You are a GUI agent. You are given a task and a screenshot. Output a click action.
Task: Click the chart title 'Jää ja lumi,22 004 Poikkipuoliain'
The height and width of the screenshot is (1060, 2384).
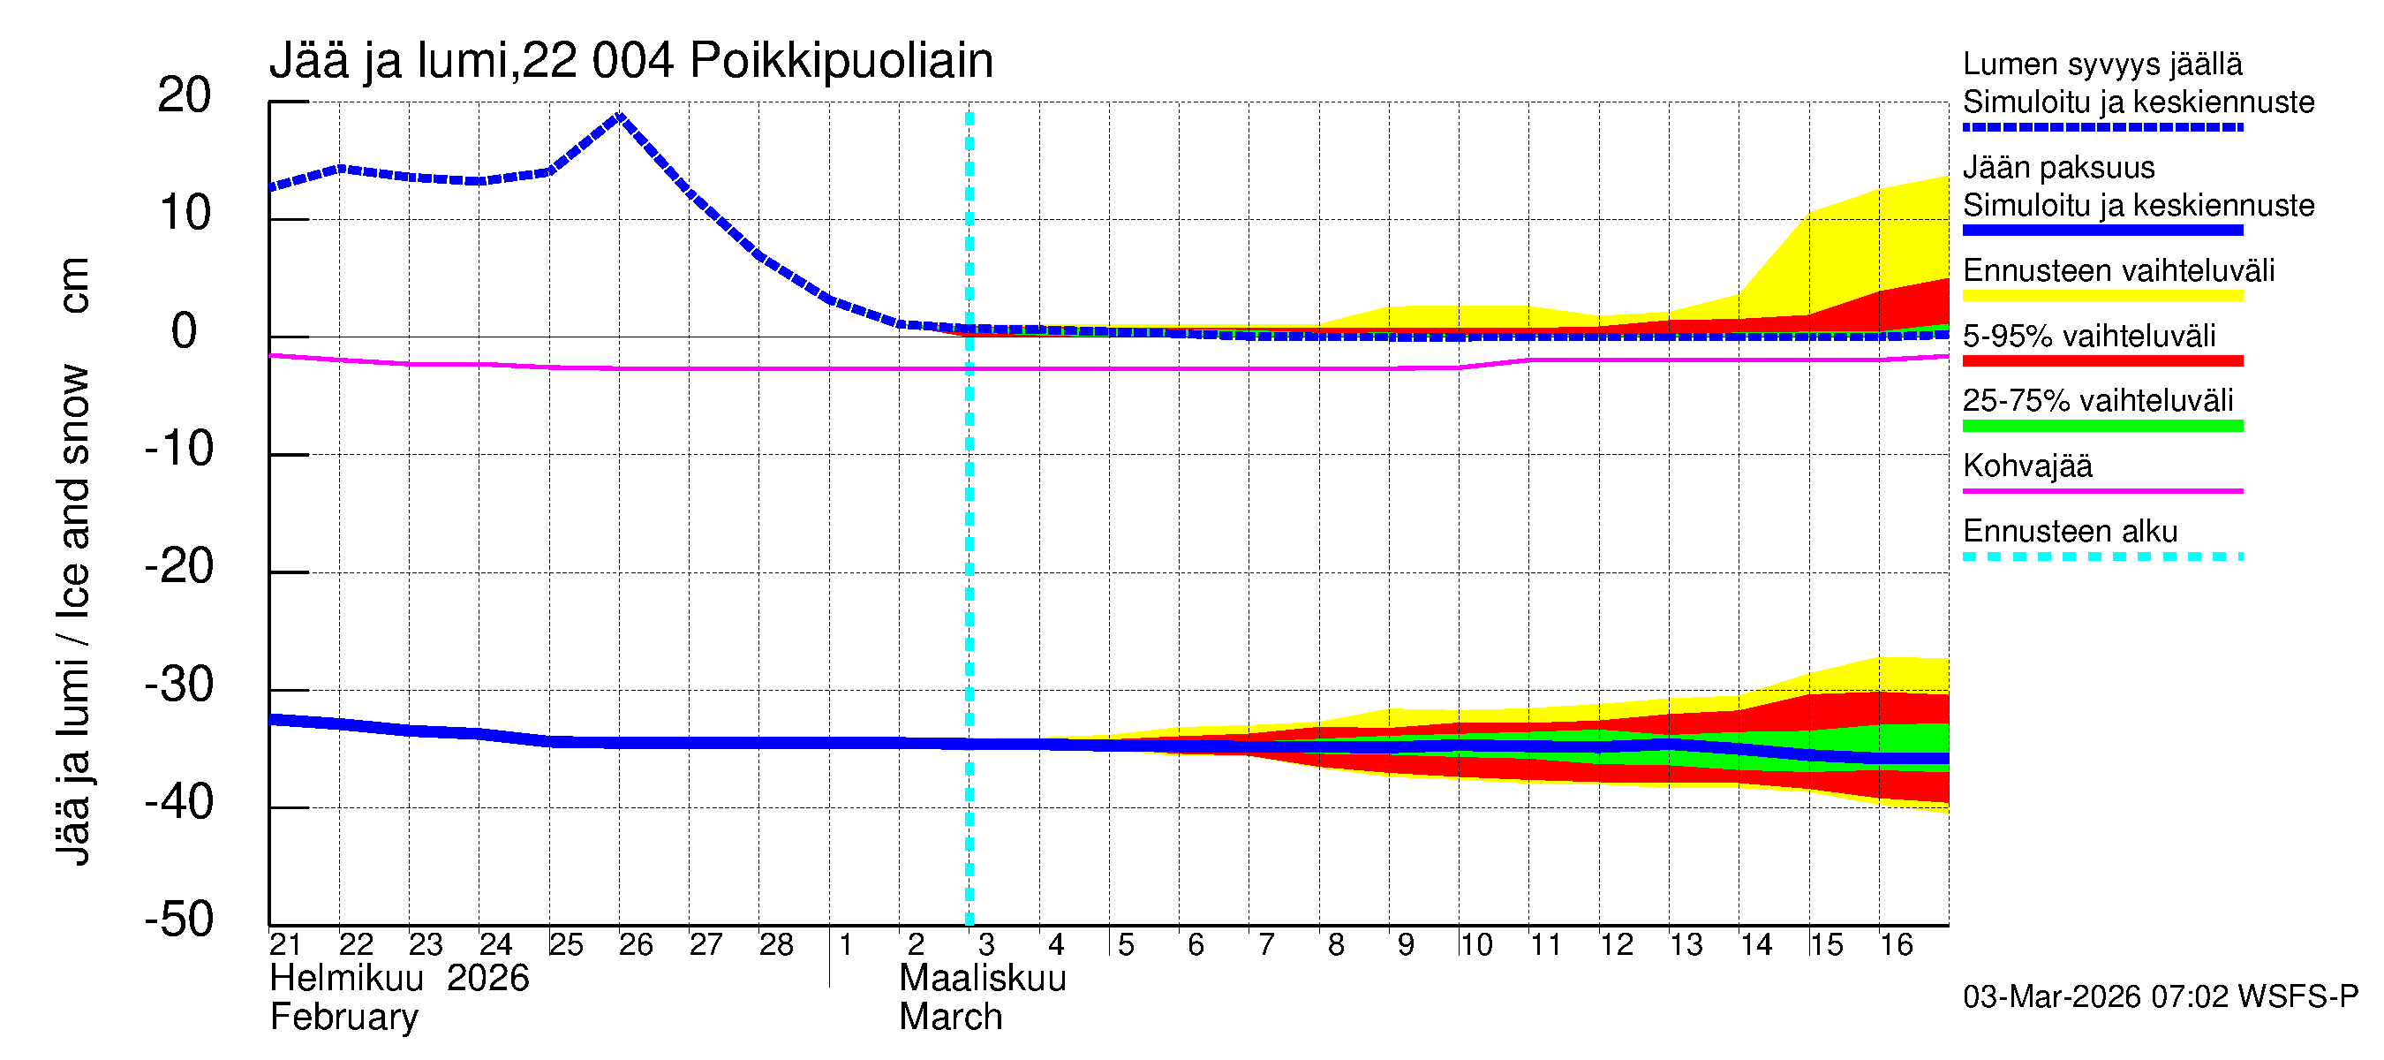(x=631, y=61)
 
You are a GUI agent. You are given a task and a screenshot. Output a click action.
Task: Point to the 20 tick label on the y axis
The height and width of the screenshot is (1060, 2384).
(x=185, y=95)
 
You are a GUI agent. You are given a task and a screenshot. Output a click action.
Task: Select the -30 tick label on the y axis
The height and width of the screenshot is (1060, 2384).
(x=178, y=685)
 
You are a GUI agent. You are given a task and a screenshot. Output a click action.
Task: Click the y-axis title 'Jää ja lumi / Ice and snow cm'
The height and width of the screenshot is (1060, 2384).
(x=73, y=560)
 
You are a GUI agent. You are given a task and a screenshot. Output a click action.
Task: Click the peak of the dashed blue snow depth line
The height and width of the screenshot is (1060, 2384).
(x=619, y=116)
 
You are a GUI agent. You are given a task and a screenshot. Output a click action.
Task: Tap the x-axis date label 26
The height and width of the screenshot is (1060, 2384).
(x=636, y=944)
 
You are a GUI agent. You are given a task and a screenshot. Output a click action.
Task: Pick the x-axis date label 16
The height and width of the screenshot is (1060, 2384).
(x=1896, y=944)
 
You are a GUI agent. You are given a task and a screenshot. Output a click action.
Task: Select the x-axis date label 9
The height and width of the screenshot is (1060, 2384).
(x=1405, y=944)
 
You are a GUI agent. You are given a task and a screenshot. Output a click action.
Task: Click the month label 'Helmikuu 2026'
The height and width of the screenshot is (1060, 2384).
(x=399, y=979)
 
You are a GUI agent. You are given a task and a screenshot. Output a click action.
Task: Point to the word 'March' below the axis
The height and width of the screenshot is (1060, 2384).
(x=950, y=1018)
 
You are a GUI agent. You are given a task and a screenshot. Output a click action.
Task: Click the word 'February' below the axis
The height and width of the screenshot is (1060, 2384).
(x=343, y=1018)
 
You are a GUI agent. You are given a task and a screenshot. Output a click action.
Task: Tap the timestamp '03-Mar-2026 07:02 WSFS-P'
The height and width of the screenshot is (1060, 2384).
(x=2160, y=996)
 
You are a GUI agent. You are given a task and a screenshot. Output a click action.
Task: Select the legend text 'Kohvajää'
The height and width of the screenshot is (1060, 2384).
(x=2026, y=466)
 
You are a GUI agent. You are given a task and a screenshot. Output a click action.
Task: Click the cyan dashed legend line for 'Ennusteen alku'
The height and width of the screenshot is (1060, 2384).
(x=2101, y=556)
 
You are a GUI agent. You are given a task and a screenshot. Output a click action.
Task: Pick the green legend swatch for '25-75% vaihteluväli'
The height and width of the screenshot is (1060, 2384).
(x=2101, y=426)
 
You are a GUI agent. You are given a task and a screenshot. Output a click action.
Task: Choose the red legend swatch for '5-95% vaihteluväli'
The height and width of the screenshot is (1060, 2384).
(x=2101, y=361)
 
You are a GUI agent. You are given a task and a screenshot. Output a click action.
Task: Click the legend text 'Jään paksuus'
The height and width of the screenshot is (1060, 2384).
(x=2058, y=168)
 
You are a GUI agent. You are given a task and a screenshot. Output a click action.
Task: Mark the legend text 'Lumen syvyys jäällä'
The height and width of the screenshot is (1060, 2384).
(x=2101, y=64)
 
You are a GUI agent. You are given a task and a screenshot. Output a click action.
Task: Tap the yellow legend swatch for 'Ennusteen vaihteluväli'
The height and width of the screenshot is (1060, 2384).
(x=2101, y=296)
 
